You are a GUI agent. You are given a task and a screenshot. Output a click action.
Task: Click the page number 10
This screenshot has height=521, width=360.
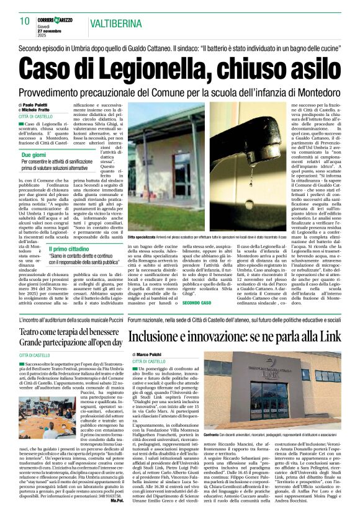25,21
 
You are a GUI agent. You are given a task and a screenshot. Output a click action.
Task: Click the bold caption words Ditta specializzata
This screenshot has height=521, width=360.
143,238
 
